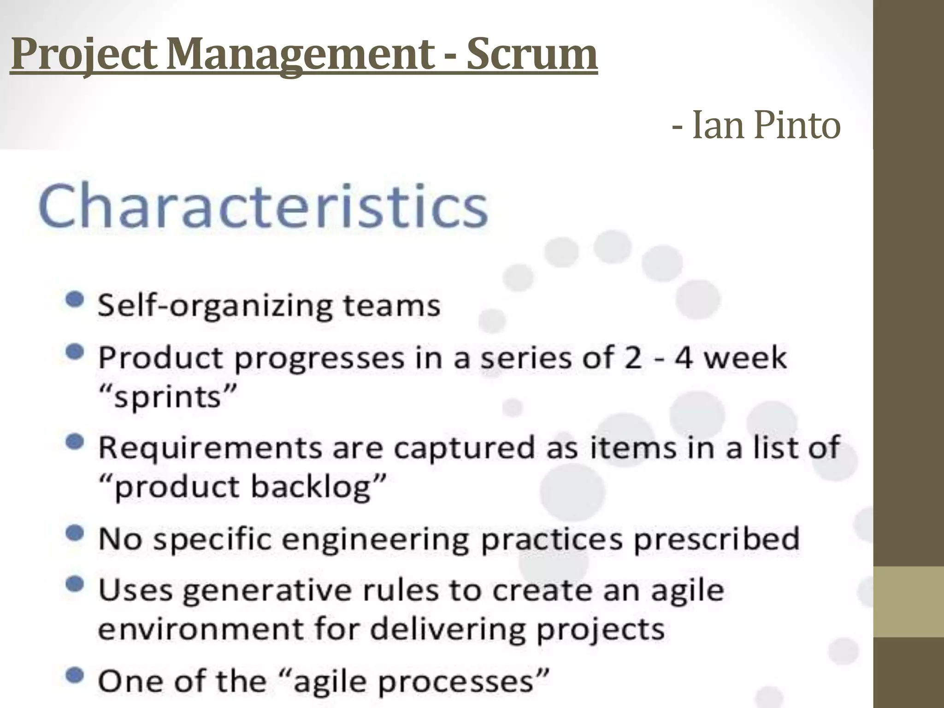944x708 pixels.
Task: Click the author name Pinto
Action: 797,125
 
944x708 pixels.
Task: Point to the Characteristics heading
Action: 263,206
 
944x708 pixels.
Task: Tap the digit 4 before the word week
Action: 684,358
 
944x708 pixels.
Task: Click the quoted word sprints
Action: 168,397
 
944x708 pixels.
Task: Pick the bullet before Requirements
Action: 75,442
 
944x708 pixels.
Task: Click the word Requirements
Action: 210,448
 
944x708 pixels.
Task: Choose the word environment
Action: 201,629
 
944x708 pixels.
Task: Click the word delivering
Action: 447,629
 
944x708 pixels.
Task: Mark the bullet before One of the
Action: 75,676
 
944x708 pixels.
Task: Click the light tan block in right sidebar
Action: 908,602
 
